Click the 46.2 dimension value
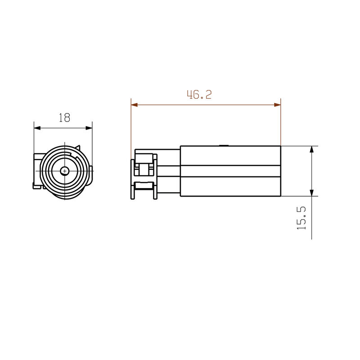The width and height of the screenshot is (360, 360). pos(199,94)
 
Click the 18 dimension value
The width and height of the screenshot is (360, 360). pos(64,118)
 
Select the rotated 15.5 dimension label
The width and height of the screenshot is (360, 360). pos(301,218)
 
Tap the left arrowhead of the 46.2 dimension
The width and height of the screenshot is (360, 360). pos(134,105)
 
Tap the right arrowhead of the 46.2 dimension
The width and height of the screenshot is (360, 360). pos(277,105)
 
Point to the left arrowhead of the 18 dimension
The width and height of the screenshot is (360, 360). pos(37,128)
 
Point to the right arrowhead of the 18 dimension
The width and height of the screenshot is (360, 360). pos(89,128)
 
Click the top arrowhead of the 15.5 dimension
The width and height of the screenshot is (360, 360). pos(311,149)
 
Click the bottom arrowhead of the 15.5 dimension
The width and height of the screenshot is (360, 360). pos(311,193)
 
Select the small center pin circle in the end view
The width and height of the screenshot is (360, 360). pos(65,171)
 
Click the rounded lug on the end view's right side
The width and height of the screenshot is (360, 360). pos(92,171)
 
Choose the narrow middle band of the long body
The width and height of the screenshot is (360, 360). pos(230,171)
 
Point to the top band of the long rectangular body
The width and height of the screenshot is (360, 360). pos(230,156)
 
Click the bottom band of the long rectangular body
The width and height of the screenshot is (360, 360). pos(230,186)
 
